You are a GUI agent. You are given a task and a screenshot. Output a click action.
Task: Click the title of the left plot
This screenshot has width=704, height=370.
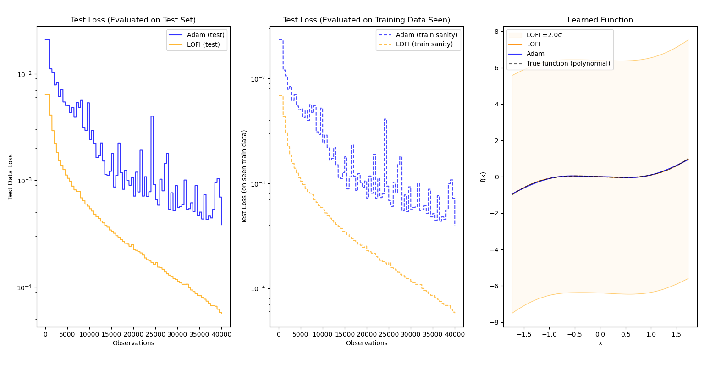133,20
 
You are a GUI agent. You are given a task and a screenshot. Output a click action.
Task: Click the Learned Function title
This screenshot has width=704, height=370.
600,20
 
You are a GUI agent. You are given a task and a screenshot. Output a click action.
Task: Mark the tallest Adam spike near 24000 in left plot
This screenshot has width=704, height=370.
152,116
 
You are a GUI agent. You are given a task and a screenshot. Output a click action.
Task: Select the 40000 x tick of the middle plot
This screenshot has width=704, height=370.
455,334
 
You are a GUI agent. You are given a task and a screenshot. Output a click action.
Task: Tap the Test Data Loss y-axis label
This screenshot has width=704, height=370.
11,177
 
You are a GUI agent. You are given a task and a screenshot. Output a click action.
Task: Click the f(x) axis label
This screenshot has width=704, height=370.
483,177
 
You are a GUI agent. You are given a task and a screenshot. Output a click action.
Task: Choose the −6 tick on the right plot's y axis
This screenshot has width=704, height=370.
495,286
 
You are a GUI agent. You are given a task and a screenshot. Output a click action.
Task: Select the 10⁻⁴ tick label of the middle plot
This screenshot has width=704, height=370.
258,288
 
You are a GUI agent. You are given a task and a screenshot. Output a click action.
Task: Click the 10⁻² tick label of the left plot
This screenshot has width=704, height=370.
25,74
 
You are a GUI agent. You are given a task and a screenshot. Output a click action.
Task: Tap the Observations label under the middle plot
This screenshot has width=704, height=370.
367,343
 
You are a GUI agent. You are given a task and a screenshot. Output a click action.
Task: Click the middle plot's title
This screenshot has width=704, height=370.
366,20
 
